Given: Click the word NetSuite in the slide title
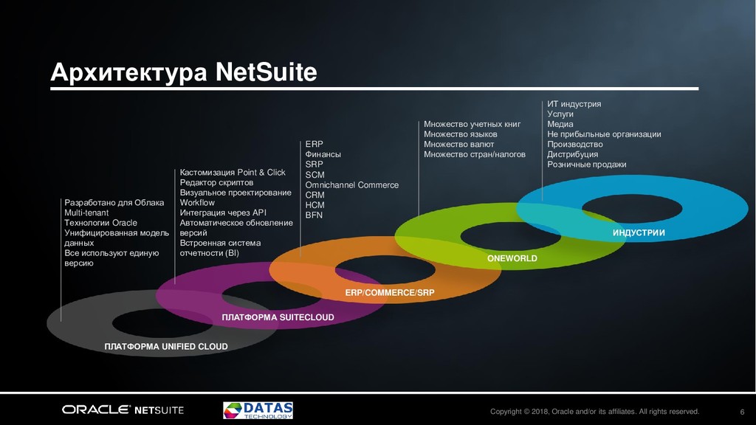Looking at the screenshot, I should tap(266, 72).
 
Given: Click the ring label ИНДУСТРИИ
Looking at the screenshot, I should tap(639, 233).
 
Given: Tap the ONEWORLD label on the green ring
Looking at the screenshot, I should tap(512, 259).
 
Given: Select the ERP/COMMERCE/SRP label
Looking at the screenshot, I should tap(390, 293).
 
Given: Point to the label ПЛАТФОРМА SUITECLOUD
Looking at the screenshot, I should tap(278, 317).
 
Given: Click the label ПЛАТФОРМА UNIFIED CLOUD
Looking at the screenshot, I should tap(165, 346).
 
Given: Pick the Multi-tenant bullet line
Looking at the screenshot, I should tap(86, 212).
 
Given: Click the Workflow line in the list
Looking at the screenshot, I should tap(197, 203).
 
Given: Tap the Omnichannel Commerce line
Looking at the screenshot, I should tap(351, 185).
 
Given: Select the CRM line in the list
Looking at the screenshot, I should tap(315, 196).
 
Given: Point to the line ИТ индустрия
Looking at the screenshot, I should tap(574, 104).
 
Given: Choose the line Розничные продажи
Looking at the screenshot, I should tap(586, 165).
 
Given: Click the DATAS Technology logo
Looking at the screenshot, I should tap(258, 410).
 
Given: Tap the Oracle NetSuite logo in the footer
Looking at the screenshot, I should tap(123, 410).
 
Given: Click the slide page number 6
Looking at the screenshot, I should tap(741, 411).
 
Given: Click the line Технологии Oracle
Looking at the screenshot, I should tap(100, 223).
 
